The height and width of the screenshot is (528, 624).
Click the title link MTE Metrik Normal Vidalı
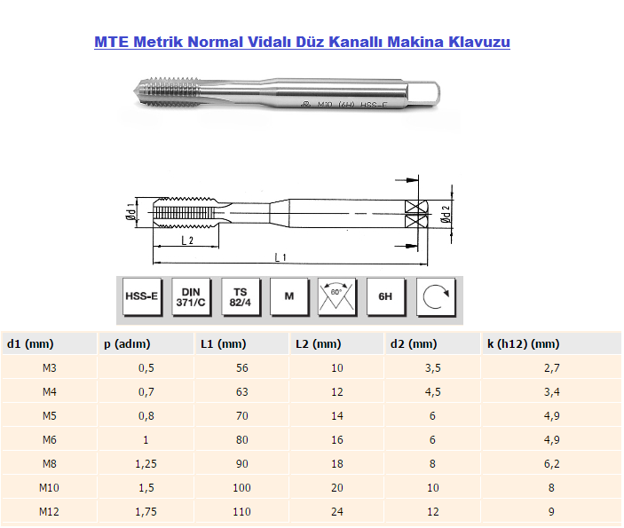pos(302,42)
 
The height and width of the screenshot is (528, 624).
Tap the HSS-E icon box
pos(141,296)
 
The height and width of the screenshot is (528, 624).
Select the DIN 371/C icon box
pos(190,296)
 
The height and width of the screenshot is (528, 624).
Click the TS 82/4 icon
pos(240,296)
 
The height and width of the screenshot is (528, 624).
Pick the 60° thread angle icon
pos(336,296)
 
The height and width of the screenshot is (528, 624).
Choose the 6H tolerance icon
pos(385,296)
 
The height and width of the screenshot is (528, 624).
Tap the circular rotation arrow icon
pos(435,296)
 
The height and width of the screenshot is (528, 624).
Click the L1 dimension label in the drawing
pos(280,256)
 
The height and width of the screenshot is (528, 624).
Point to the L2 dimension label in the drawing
pos(187,240)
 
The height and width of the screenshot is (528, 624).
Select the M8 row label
pos(50,463)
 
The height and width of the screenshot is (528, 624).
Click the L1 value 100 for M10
pos(241,487)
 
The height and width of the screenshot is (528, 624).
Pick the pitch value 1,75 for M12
pos(146,511)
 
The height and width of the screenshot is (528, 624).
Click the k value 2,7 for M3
pos(551,367)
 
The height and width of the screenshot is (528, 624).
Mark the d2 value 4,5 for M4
pos(432,391)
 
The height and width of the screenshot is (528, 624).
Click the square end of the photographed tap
pos(427,93)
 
